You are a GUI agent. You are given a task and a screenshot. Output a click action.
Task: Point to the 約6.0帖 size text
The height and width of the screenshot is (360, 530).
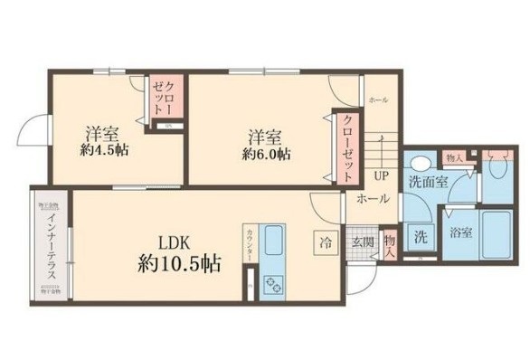coord(266,154)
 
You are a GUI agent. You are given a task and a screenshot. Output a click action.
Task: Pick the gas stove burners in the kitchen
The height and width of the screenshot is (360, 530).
coord(272,285)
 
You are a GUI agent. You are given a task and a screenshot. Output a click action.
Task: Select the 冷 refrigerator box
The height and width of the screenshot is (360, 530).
coord(323,242)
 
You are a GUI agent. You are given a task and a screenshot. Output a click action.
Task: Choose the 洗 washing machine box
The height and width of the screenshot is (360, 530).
coord(421,239)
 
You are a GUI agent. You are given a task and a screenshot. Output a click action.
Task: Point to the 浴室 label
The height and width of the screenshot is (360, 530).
coord(460,233)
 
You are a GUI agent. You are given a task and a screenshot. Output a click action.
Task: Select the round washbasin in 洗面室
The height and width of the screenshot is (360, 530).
coord(418,166)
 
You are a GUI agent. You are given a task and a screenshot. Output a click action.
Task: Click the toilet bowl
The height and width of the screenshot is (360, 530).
coord(498,166)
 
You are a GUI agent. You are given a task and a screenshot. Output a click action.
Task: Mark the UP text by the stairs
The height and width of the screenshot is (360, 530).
coord(383,175)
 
